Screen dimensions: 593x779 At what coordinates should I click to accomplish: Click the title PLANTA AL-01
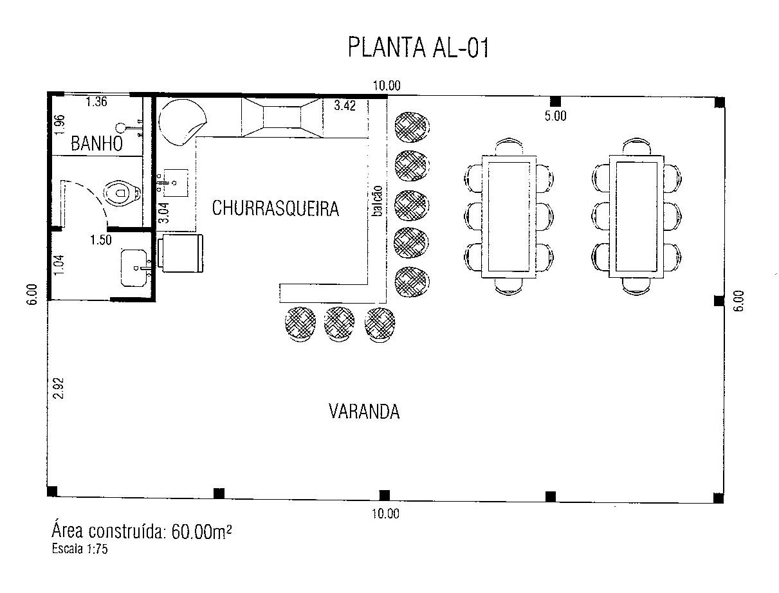(418, 48)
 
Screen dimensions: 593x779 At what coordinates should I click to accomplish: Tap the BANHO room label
(96, 144)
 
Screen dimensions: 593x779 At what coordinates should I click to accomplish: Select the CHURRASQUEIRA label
(275, 208)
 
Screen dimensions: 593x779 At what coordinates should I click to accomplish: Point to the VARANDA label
(364, 412)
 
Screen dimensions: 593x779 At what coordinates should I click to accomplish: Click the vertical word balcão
(378, 205)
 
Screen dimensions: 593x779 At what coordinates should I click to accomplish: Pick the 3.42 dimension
(345, 106)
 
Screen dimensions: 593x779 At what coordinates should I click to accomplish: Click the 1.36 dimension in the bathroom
(96, 101)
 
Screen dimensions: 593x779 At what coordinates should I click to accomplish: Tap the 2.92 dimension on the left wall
(58, 387)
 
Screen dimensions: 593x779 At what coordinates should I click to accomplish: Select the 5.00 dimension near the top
(555, 116)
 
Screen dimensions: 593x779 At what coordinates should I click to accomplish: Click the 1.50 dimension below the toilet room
(101, 241)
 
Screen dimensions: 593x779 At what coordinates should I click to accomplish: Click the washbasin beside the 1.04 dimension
(136, 267)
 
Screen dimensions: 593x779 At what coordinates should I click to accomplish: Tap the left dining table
(509, 216)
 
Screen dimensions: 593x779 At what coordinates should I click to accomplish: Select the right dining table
(636, 216)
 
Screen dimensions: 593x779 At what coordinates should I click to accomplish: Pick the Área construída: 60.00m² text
(142, 533)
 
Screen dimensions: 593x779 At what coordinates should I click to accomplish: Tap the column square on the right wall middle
(719, 301)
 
